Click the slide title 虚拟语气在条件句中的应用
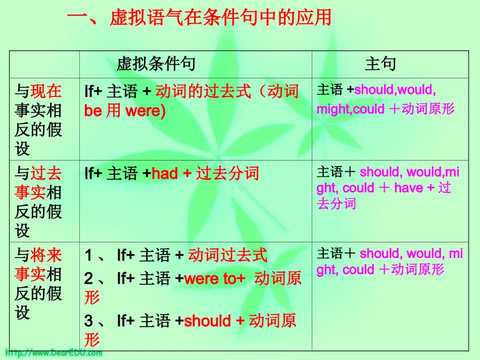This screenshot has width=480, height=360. (x=220, y=19)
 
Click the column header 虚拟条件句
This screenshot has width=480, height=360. (x=156, y=64)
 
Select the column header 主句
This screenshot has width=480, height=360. (x=380, y=64)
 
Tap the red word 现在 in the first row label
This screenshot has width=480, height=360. (x=46, y=91)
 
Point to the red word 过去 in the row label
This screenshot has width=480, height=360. (x=46, y=174)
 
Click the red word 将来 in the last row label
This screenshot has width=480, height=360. (x=46, y=255)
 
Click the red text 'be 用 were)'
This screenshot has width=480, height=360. (x=125, y=111)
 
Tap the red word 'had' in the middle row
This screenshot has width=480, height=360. (x=165, y=174)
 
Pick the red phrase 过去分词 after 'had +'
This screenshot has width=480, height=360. (x=227, y=174)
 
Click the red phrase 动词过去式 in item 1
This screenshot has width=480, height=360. (x=227, y=255)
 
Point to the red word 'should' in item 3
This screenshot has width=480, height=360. (x=208, y=321)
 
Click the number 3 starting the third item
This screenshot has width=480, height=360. (x=89, y=321)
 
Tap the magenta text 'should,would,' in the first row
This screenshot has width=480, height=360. (x=395, y=90)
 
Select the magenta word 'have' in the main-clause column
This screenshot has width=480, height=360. (x=409, y=188)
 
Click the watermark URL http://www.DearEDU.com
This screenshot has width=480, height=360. (x=54, y=352)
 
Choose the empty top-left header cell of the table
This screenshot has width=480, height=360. (x=44, y=64)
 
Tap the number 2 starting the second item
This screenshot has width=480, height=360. (x=89, y=279)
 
